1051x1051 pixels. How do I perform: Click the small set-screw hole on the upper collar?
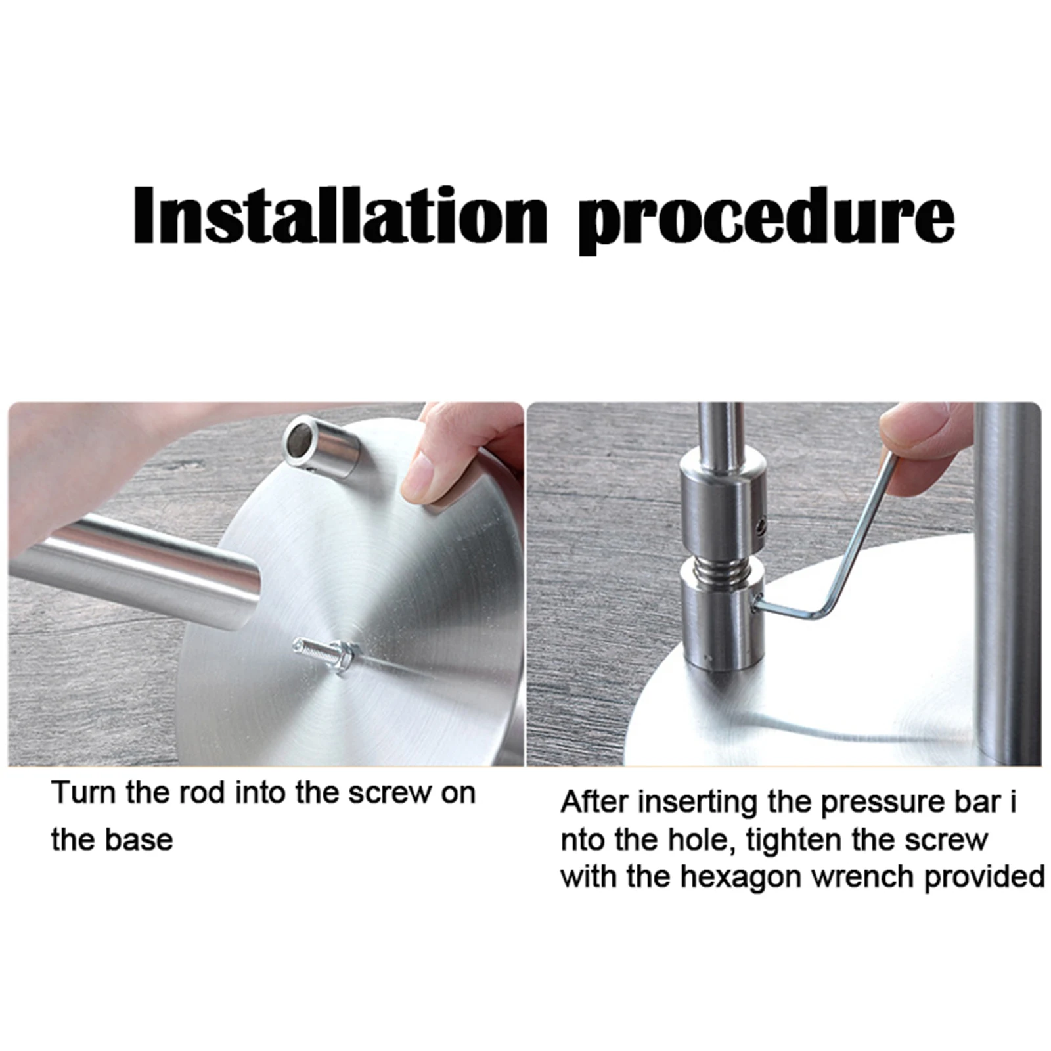pyautogui.click(x=760, y=525)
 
